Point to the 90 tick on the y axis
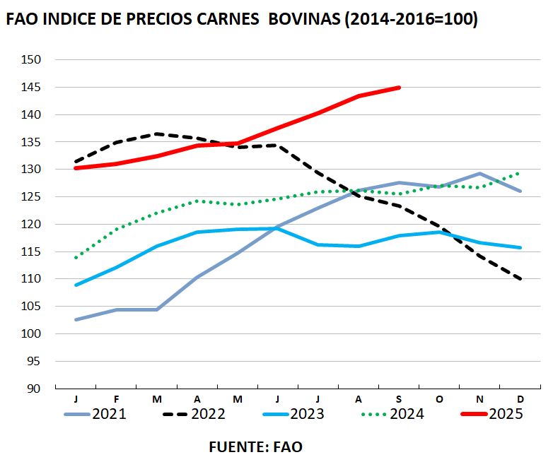[35, 389]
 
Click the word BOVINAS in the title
[294, 20]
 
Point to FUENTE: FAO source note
[256, 446]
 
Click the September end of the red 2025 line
[400, 88]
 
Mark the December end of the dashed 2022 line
[521, 279]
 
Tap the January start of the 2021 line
[76, 320]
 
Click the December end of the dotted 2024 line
[520, 172]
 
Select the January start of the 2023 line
[76, 285]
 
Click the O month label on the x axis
[440, 400]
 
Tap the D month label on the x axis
[521, 400]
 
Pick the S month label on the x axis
[400, 400]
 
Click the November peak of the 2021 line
[480, 173]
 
